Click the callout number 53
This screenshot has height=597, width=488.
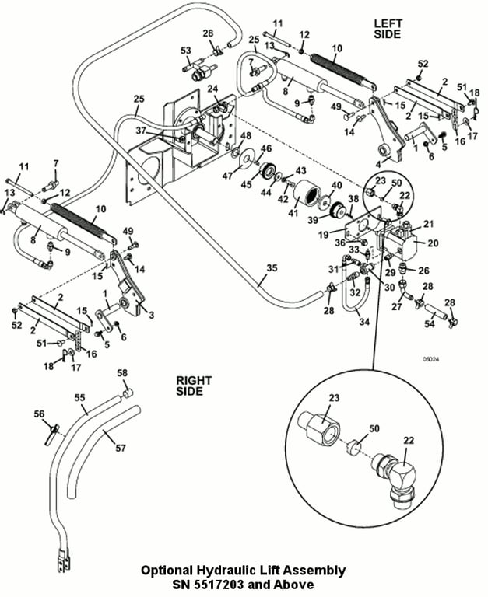click(186, 51)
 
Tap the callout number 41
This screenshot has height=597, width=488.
click(293, 211)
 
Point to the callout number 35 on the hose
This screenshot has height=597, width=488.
click(272, 268)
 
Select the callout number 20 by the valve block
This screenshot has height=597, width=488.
click(433, 243)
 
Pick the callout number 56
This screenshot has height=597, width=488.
click(39, 414)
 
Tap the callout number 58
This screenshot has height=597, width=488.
click(122, 373)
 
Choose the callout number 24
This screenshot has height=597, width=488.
click(212, 89)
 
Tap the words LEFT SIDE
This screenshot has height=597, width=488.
click(387, 28)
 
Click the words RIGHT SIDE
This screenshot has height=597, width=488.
click(189, 386)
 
